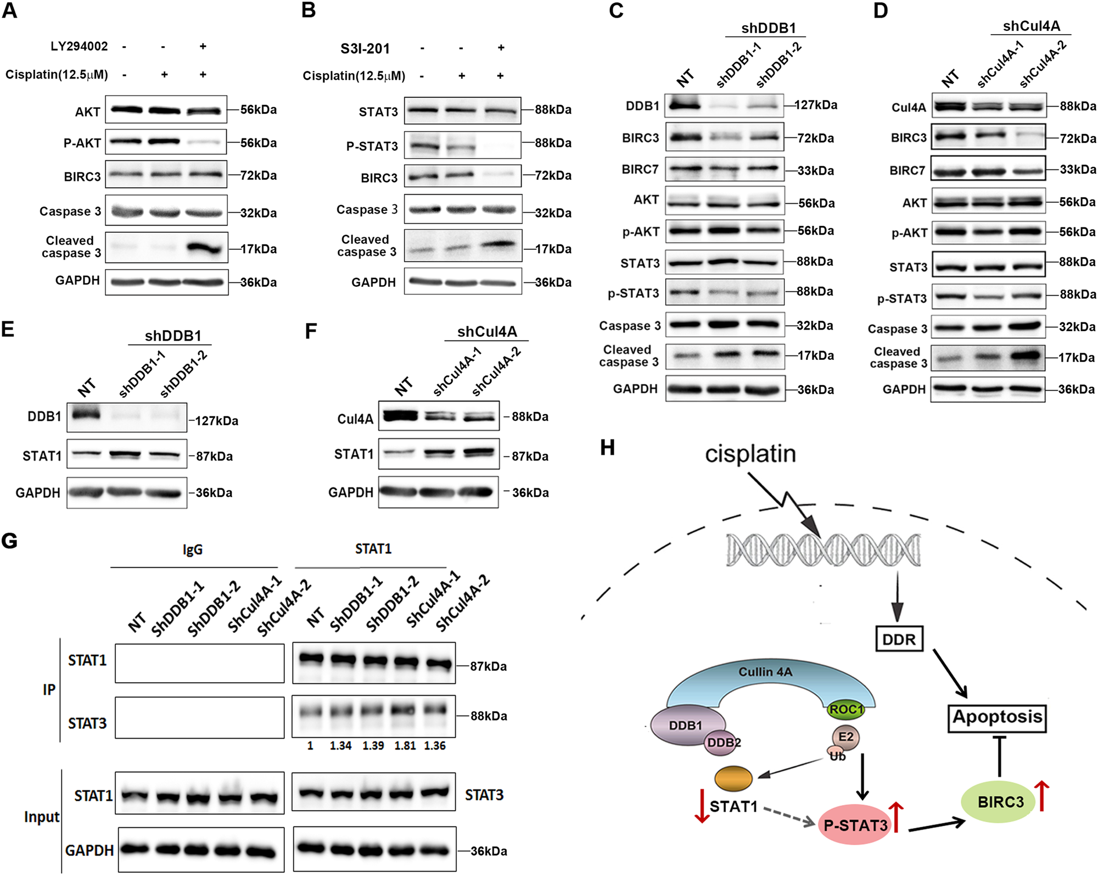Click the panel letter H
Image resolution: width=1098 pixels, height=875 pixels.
tap(607, 448)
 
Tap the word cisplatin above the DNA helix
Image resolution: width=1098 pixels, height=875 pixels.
tap(750, 454)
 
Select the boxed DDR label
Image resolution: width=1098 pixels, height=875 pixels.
tap(899, 639)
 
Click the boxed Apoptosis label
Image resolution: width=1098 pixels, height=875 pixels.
tap(997, 717)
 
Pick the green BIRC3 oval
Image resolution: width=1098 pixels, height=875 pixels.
tap(998, 802)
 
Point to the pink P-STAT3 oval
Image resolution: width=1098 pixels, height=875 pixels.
tap(855, 824)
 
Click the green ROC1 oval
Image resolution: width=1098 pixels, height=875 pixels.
tap(846, 709)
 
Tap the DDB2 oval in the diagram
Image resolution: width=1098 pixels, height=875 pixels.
tap(724, 743)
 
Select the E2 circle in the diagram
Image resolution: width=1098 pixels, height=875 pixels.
tap(845, 737)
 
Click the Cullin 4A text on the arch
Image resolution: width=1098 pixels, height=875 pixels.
tap(765, 672)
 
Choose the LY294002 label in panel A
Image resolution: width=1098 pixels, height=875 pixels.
tap(79, 46)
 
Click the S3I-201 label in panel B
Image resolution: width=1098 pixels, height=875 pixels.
tap(365, 49)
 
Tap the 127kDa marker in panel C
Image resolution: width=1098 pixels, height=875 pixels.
tap(816, 105)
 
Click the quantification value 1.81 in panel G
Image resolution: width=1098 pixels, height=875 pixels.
tap(405, 745)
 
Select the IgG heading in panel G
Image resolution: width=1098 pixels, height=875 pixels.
tap(193, 549)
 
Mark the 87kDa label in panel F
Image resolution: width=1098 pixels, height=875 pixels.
tap(530, 456)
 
